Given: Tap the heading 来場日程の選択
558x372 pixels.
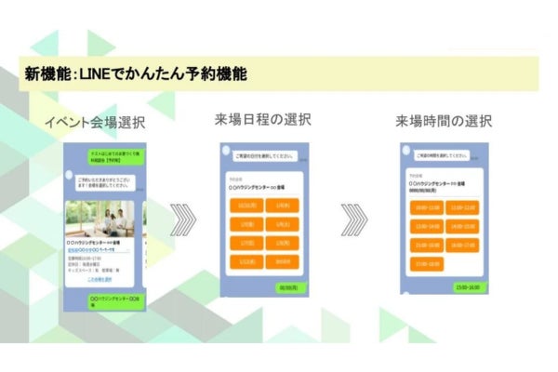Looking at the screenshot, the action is pyautogui.click(x=261, y=119).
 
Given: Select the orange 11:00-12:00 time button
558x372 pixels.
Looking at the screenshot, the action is pyautogui.click(x=462, y=207).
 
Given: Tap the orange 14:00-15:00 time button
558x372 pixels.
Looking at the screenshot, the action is pyautogui.click(x=462, y=226).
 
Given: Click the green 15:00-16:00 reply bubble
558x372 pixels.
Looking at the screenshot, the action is pyautogui.click(x=466, y=288).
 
